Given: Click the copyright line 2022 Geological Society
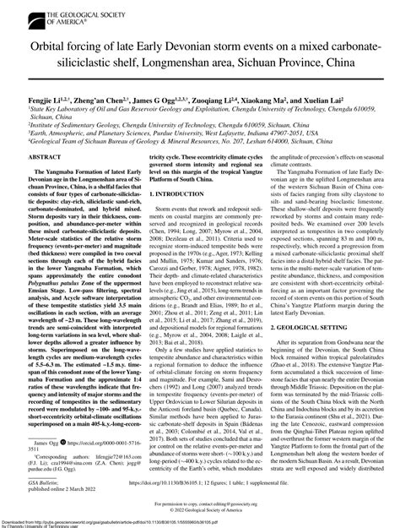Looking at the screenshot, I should click(200, 510).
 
